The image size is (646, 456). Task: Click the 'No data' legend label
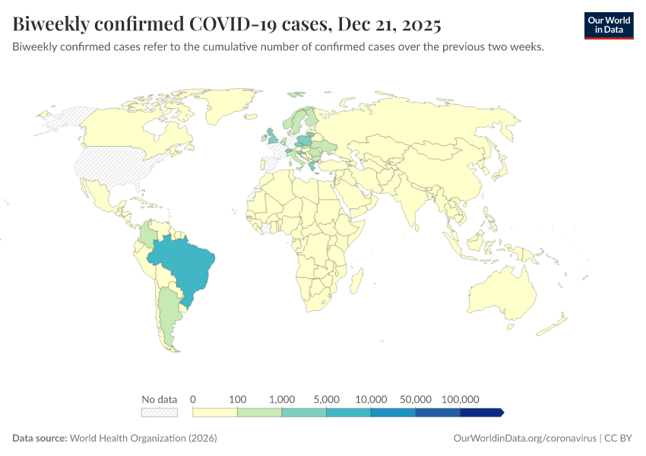(x=159, y=399)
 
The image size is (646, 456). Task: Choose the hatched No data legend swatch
(x=159, y=412)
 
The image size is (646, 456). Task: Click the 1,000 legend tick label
(x=282, y=399)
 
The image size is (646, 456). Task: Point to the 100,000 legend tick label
(x=460, y=399)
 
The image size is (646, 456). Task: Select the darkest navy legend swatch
(x=481, y=412)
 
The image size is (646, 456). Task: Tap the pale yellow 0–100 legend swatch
(x=215, y=412)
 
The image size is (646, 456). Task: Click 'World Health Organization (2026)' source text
(x=144, y=439)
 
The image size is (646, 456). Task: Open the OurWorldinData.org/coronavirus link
(x=524, y=439)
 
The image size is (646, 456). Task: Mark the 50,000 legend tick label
(x=416, y=399)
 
